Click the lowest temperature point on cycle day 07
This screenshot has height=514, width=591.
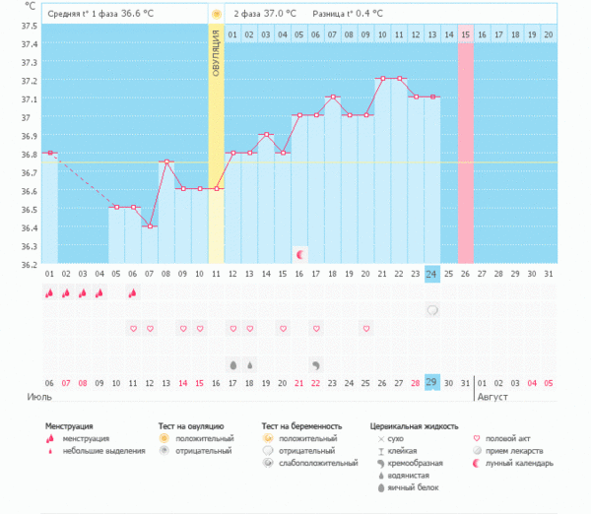coord(150,225)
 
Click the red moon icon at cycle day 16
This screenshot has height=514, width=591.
coord(300,254)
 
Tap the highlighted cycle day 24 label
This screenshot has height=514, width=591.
coord(432,273)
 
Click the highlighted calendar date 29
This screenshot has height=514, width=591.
coord(432,382)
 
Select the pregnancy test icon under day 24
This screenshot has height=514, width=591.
coord(432,310)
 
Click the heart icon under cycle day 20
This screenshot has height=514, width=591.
coord(366,328)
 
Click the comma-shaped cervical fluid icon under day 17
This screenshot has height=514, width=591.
coord(316,364)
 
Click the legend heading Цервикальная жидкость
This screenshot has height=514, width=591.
coord(414,426)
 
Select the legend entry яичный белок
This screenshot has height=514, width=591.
coord(414,486)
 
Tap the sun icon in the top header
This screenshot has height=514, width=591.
coord(216,15)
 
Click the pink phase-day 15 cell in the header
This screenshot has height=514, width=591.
coord(466,34)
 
